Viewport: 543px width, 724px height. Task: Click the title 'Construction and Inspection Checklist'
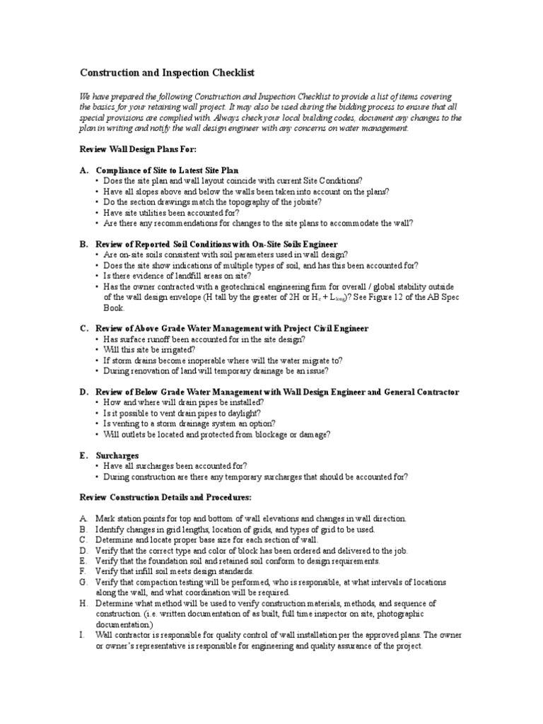(166, 73)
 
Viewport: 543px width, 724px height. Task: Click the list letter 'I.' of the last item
(81, 636)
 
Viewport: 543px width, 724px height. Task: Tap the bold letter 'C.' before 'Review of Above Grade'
(83, 329)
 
